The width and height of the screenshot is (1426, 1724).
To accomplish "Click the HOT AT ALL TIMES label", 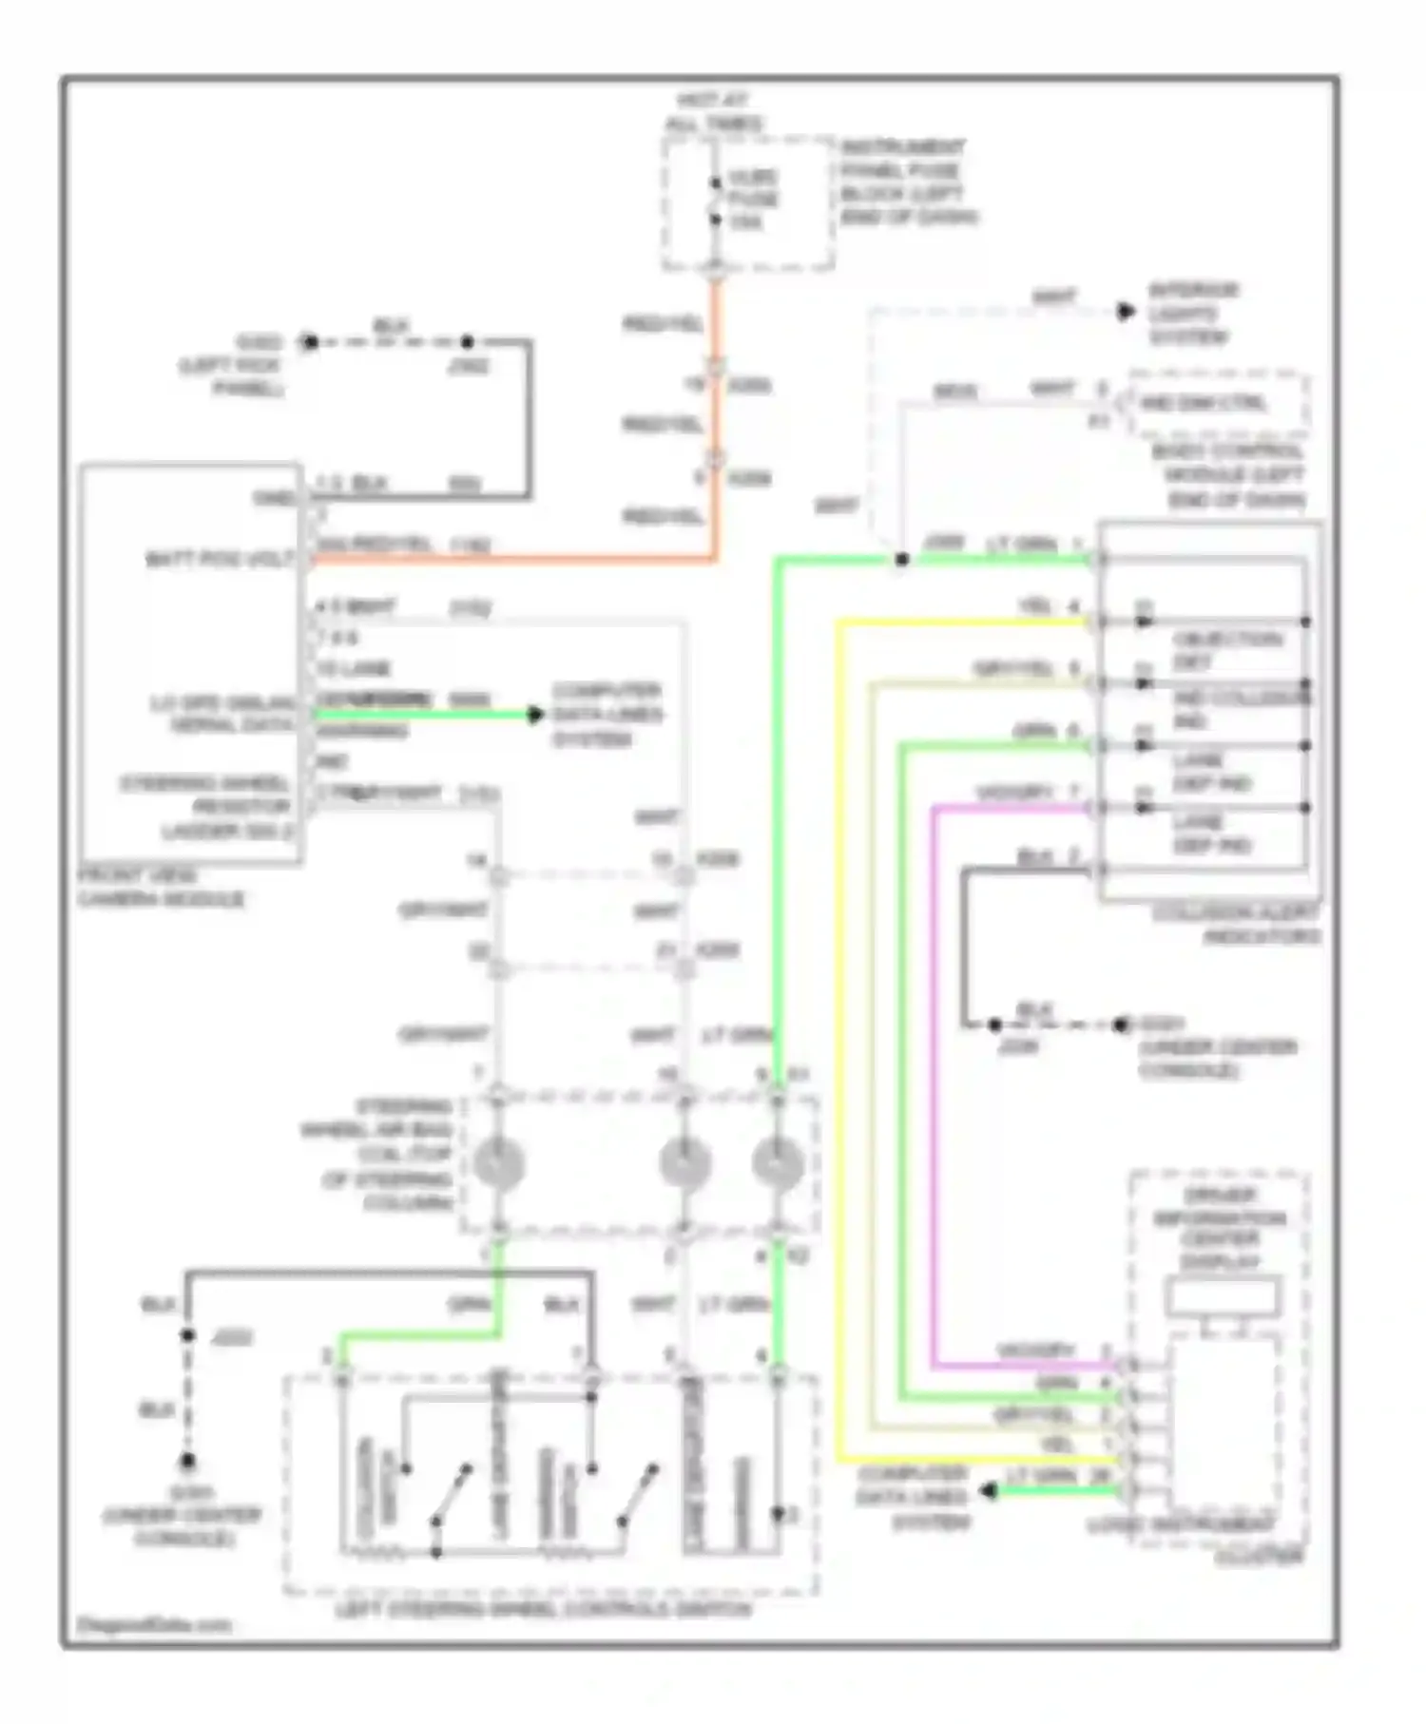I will (x=714, y=112).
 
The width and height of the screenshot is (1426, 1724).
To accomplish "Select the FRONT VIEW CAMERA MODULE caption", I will (x=161, y=888).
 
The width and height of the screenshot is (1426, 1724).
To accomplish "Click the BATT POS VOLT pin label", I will (x=221, y=559).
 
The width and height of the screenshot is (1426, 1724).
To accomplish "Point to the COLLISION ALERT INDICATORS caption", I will (x=1236, y=924).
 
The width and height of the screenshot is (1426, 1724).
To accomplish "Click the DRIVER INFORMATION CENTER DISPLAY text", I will (x=1220, y=1228).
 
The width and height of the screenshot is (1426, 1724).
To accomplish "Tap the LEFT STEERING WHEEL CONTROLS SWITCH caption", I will (x=544, y=1610).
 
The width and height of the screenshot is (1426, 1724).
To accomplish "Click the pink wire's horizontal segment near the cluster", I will (x=1027, y=1366).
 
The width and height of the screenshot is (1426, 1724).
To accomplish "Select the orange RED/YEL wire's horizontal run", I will (x=513, y=561).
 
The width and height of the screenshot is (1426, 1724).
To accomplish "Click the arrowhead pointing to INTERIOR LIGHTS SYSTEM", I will (x=1126, y=312).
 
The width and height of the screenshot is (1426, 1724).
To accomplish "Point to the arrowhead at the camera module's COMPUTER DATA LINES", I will (x=536, y=714).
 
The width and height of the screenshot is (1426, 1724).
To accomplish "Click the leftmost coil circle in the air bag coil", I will (x=498, y=1163).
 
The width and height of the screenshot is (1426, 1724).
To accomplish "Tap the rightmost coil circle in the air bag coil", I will (x=778, y=1163).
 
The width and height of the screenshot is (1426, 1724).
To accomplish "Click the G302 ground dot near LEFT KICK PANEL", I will (x=308, y=342).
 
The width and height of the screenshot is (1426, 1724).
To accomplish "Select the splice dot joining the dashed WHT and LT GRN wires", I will (x=901, y=560).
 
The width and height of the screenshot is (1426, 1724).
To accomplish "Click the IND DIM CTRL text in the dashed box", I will (x=1204, y=403).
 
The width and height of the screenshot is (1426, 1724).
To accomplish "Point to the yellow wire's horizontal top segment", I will (x=960, y=623).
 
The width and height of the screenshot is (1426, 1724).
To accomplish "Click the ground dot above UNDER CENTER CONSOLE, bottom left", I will (x=188, y=1461).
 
